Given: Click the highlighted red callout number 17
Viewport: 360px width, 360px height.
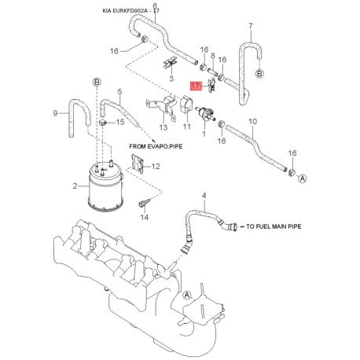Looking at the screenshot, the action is point(196,86).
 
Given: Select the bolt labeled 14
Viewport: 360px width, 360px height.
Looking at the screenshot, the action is point(144,203).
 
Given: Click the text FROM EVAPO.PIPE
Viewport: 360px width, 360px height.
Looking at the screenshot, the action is point(156,146).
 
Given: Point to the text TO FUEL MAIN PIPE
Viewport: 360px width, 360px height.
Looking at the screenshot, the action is point(274,226).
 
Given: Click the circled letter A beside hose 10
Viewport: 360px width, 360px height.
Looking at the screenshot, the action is point(303,178).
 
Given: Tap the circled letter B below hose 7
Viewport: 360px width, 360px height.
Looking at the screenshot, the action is point(259,73).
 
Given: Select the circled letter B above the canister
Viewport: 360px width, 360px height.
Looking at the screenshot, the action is point(97,83).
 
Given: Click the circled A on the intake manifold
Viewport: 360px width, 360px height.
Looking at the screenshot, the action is point(187,296).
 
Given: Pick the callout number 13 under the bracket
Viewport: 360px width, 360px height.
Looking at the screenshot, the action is point(163,127).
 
